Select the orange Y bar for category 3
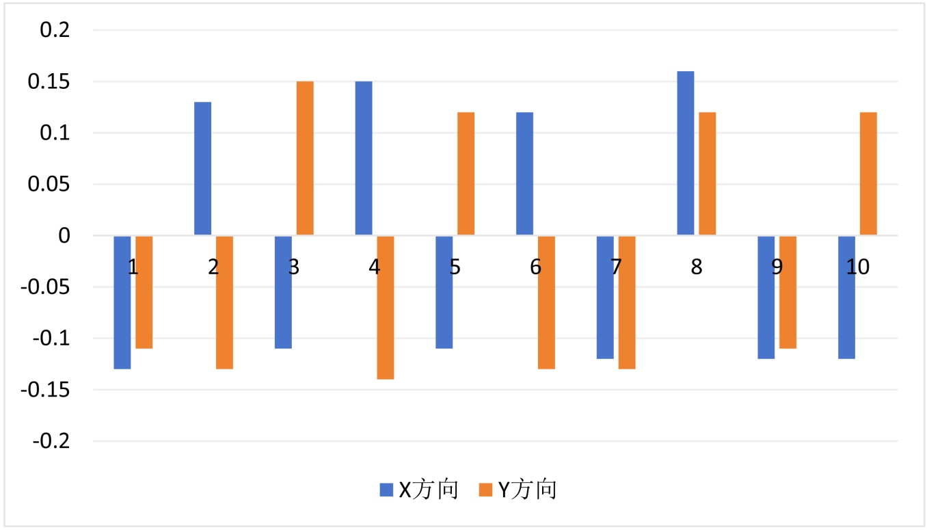pyautogui.click(x=305, y=159)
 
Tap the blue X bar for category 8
pyautogui.click(x=686, y=153)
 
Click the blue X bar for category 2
pyautogui.click(x=203, y=169)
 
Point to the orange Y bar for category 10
pyautogui.click(x=868, y=174)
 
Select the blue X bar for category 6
pyautogui.click(x=524, y=174)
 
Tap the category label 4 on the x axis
pyautogui.click(x=374, y=267)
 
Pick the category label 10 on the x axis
pyautogui.click(x=858, y=267)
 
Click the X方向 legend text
pyautogui.click(x=428, y=490)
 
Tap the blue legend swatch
pyautogui.click(x=386, y=490)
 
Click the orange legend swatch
pyautogui.click(x=485, y=490)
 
